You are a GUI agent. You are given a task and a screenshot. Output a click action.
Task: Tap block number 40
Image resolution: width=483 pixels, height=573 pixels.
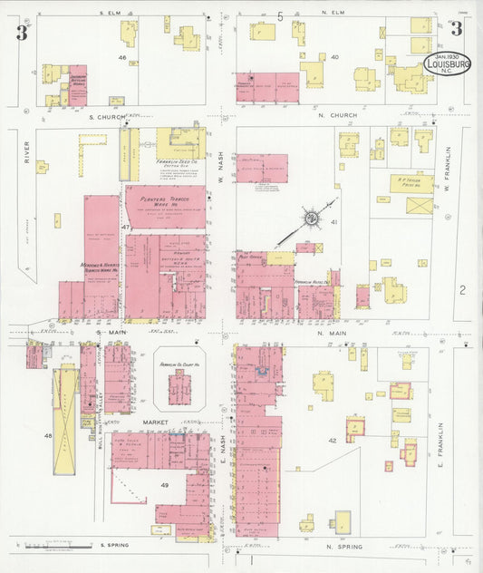point(334,57)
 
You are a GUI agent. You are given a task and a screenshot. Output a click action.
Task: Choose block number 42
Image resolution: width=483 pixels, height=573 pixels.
point(333,440)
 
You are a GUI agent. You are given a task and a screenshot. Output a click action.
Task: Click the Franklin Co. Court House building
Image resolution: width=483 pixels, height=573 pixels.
point(179,385)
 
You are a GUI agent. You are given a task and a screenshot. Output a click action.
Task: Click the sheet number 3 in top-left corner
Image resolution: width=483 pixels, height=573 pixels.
point(20,34)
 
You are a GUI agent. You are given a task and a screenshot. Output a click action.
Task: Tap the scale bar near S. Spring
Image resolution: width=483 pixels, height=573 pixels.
point(57,546)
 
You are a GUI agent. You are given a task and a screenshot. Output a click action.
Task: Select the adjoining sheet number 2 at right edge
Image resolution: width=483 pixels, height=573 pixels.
point(462,290)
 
